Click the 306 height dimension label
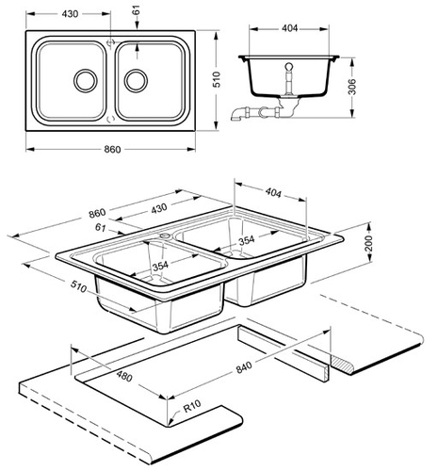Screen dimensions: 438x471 pos(352,87)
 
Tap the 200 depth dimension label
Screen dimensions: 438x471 pos(368,243)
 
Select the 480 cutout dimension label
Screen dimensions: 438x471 pos(124,376)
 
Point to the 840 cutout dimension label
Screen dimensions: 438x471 pos(244,367)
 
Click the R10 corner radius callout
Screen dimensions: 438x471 pos(192,406)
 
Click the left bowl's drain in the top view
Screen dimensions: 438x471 pos(86,80)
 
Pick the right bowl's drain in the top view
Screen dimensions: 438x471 pos(136,80)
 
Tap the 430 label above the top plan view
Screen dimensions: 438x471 pos(70,14)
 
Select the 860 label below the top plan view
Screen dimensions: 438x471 pos(112,149)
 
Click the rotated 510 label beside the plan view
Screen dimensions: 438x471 pos(217,79)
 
